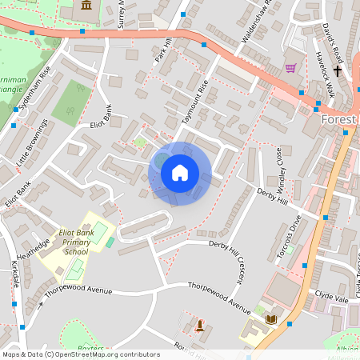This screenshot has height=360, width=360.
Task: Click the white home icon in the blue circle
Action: pos(180,173)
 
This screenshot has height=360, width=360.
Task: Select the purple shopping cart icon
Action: pos(290,68)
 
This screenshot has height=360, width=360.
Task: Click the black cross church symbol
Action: pos(338,71)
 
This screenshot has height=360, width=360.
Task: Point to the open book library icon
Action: pos(270,319)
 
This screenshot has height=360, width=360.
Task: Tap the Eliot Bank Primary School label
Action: pos(76,242)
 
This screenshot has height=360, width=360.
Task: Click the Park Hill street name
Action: pos(163,51)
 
